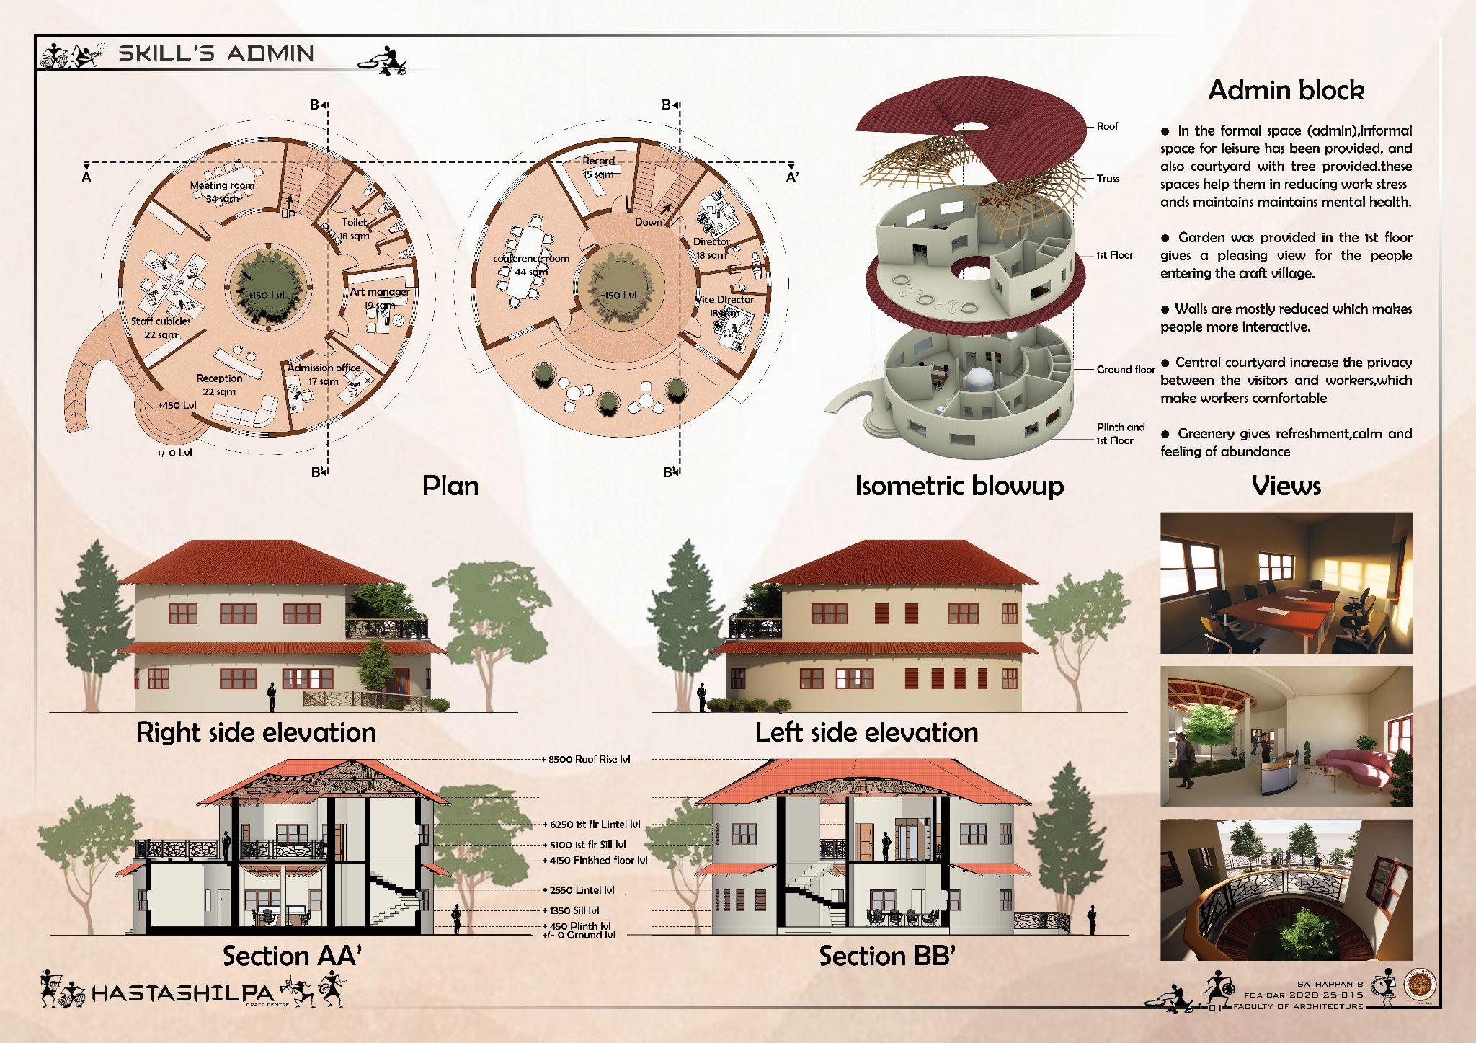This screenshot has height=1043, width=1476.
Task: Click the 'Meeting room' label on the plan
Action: pos(222,185)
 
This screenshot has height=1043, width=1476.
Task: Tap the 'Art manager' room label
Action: pos(380,292)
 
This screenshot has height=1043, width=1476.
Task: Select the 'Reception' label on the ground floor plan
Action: pos(219,378)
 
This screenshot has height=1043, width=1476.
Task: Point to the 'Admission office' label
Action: pos(324,368)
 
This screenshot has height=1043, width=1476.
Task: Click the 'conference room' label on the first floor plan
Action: pos(531,258)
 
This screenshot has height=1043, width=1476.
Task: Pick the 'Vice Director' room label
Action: pos(724,299)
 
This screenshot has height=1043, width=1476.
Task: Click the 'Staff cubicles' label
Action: pos(161,321)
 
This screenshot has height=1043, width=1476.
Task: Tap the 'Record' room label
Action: pos(599,161)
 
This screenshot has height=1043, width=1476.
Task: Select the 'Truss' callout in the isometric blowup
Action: pos(1108,178)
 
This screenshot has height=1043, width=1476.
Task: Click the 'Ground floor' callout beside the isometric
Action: pos(1125,370)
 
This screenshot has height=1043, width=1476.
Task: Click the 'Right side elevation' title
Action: pos(256,732)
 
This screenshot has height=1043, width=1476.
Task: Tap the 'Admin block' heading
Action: pos(1286,90)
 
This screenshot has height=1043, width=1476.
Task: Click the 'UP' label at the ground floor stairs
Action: pos(288,214)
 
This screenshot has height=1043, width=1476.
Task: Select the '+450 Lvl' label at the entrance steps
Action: pos(177,405)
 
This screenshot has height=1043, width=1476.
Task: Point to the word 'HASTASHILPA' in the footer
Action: pos(183,995)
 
